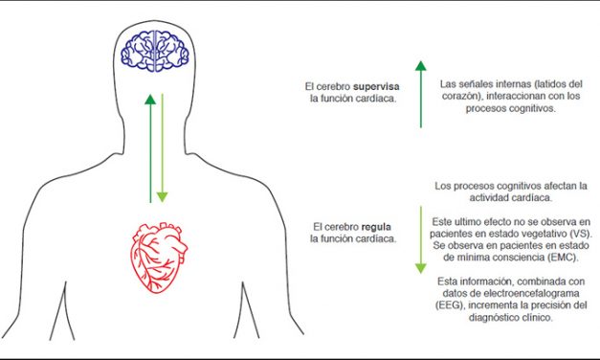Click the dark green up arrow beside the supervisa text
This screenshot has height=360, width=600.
tap(420, 93)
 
